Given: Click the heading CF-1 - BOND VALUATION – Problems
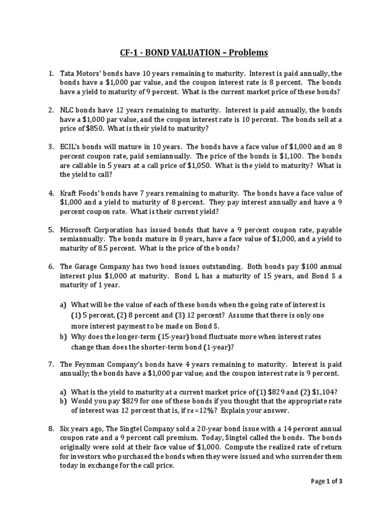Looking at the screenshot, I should coord(193,53).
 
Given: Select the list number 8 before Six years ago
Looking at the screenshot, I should coord(51,429).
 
